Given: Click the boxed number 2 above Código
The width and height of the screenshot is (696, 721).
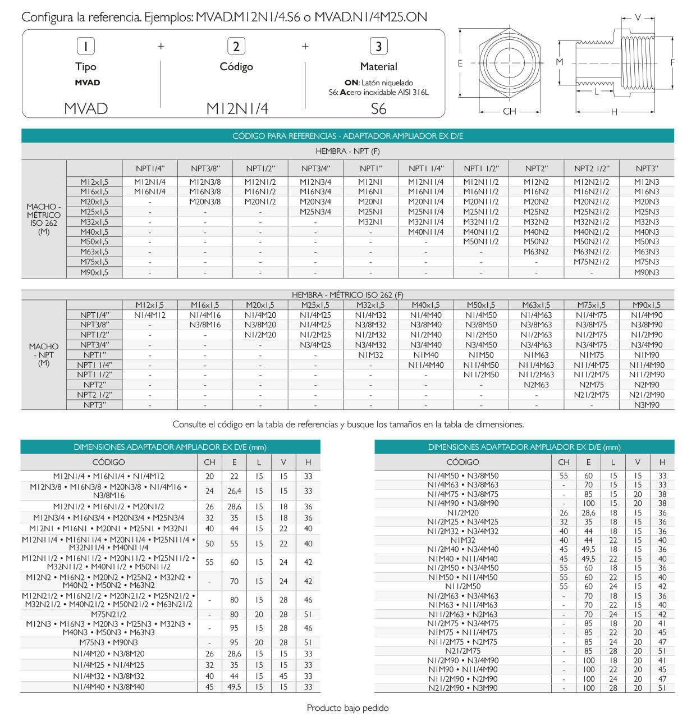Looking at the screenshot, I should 236,46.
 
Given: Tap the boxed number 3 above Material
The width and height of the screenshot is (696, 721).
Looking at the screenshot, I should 379,46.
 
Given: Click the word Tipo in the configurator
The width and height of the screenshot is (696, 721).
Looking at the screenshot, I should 86,66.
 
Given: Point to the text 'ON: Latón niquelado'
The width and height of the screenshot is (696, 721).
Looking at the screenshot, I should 378,83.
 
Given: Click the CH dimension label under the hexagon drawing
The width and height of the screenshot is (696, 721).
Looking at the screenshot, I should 510,111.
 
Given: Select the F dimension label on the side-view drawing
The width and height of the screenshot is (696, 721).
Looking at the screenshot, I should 672,62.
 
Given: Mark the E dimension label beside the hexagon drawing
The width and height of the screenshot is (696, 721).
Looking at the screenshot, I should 460,63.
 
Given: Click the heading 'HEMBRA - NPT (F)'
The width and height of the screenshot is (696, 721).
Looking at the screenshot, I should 347,151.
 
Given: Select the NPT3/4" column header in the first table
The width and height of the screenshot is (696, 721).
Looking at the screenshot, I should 315,168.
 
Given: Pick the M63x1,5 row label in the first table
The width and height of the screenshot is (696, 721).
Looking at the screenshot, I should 94,252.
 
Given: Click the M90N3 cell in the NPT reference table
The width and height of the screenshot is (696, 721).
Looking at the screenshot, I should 647,272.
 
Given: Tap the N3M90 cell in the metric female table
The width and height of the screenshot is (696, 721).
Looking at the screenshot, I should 647,405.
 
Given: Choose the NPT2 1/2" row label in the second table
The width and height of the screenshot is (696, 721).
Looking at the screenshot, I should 94,395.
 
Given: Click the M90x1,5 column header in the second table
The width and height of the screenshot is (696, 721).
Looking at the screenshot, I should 647,305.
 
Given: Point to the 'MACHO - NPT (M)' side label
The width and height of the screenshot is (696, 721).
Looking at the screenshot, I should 44,355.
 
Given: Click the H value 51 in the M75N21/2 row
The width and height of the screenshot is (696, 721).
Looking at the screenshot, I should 308,614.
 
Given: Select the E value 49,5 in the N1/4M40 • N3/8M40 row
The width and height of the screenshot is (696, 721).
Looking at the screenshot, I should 234,687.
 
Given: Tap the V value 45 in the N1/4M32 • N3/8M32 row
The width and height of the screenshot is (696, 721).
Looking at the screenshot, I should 283,676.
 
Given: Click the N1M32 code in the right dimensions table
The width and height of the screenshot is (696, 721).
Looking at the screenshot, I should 463,540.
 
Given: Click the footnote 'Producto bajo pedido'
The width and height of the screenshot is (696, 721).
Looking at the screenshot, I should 347,708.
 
